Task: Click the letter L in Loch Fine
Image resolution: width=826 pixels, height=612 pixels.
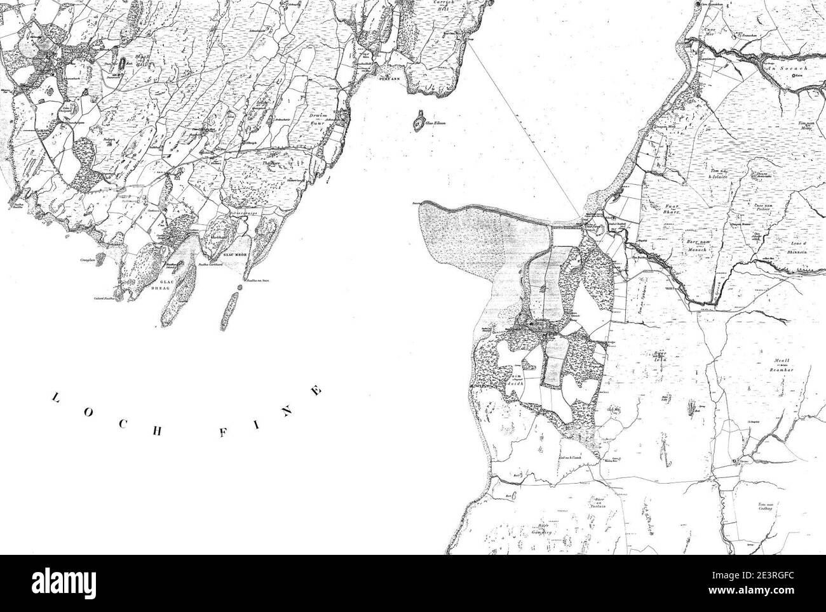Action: pyautogui.click(x=55, y=398)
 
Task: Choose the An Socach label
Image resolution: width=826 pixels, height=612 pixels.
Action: pyautogui.click(x=787, y=67)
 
